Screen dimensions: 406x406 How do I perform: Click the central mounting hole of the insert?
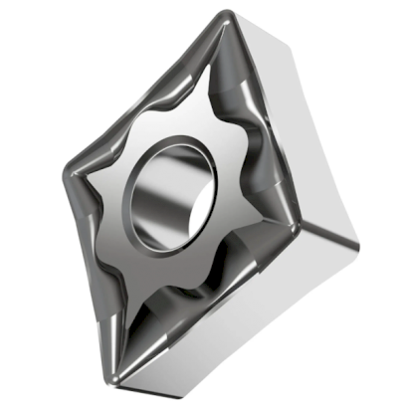[x=170, y=190]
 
